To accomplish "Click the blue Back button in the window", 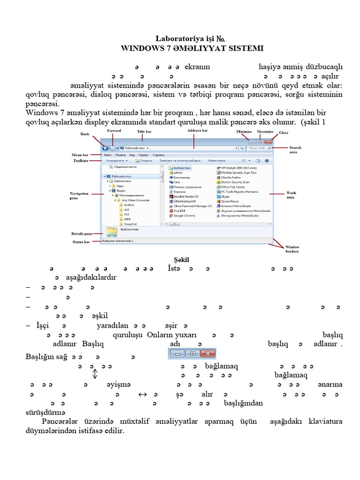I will pyautogui.click(x=105, y=148).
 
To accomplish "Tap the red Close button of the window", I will pyautogui.click(x=268, y=141).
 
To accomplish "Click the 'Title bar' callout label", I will pyautogui.click(x=144, y=132).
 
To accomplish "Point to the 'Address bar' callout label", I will pyautogui.click(x=197, y=130).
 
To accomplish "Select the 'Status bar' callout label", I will pyautogui.click(x=81, y=242).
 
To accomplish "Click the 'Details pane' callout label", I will pyautogui.click(x=82, y=233).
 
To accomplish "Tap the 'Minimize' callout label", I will pyautogui.click(x=244, y=132).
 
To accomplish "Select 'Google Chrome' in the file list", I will pyautogui.click(x=184, y=216).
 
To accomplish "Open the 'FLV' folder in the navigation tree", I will pyautogui.click(x=127, y=214).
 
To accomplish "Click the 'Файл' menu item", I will pyautogui.click(x=108, y=155).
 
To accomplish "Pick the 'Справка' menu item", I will pyautogui.click(x=158, y=155).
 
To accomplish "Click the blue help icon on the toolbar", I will pyautogui.click(x=267, y=160).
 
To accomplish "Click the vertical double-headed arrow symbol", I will pyautogui.click(x=95, y=374).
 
